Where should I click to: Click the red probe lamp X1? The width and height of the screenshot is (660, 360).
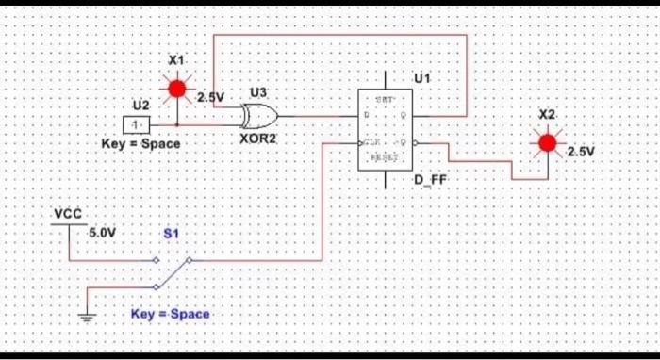click(x=176, y=90)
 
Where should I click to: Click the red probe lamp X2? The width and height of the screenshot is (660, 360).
click(x=546, y=143)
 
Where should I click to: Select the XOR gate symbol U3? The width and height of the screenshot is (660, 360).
click(x=259, y=117)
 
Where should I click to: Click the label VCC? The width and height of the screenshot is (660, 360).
click(x=68, y=214)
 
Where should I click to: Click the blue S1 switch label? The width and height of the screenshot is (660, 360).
click(x=171, y=231)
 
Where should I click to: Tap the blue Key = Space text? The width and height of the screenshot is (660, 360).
click(x=170, y=314)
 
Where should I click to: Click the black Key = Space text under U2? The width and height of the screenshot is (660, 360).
click(x=140, y=144)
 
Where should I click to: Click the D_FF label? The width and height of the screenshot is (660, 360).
click(x=429, y=179)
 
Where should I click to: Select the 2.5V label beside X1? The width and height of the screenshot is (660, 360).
click(x=211, y=97)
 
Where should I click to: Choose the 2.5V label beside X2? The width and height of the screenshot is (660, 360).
click(x=582, y=151)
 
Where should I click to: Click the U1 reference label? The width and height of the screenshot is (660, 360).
click(x=421, y=78)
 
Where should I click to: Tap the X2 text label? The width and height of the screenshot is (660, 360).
click(x=547, y=114)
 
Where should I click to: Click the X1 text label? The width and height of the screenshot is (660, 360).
click(x=175, y=60)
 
